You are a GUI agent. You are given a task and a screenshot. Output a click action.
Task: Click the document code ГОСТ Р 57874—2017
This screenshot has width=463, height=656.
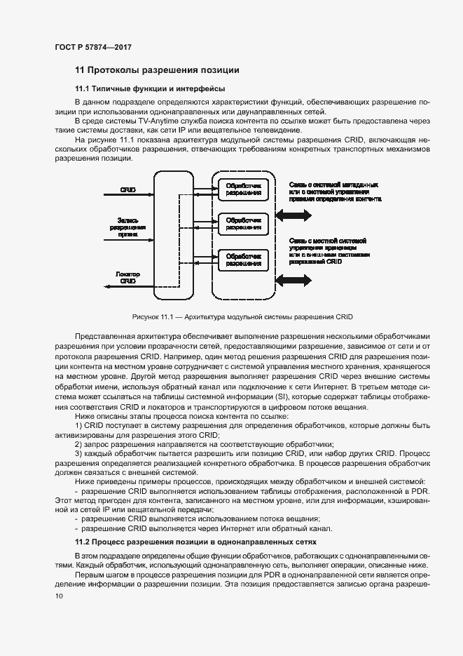coord(92,48)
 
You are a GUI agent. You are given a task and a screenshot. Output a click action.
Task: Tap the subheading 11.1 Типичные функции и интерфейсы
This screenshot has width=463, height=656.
coord(149,89)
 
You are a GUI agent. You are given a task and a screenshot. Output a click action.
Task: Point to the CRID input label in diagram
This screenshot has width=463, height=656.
coord(127,189)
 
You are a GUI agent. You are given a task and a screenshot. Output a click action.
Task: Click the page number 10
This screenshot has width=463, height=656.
coord(58,596)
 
